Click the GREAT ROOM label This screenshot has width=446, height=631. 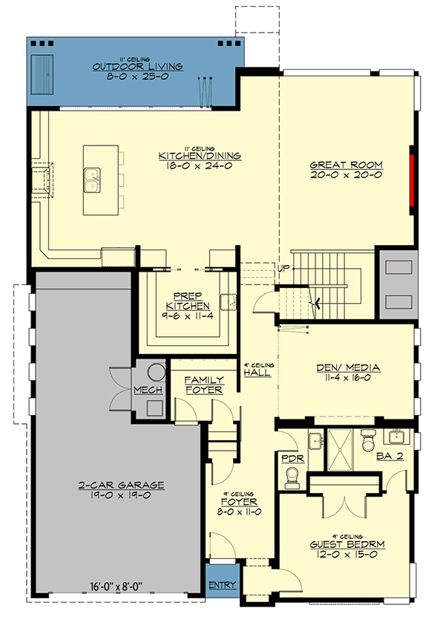[346, 165]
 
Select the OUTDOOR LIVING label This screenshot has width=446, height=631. [138, 67]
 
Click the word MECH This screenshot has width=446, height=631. [143, 390]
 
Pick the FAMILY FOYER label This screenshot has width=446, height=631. [204, 385]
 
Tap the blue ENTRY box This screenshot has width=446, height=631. [222, 585]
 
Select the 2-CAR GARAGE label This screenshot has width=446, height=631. [120, 485]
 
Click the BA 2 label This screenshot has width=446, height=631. [390, 456]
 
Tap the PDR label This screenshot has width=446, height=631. [289, 458]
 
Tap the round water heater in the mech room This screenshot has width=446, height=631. [155, 372]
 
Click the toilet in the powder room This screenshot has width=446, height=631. [292, 482]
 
